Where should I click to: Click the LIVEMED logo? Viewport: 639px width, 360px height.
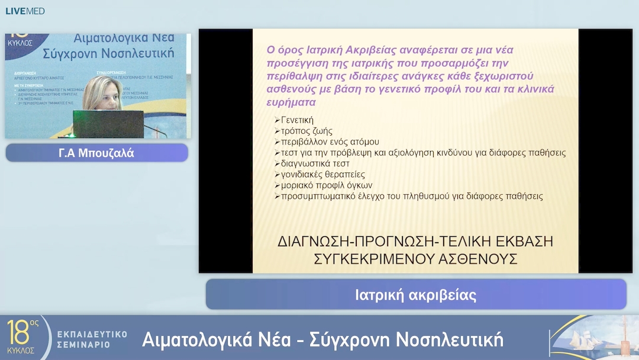[x=25, y=11]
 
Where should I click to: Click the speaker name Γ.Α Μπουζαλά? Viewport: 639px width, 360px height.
[x=96, y=153]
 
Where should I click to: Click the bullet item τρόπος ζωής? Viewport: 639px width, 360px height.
[x=306, y=131]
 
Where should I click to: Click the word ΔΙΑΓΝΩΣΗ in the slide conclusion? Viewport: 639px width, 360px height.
[x=317, y=242]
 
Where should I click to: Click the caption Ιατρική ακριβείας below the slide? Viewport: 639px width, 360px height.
[x=415, y=294]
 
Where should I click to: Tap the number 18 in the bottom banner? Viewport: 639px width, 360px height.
[x=18, y=332]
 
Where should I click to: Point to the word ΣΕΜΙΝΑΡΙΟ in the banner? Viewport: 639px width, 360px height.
[x=83, y=344]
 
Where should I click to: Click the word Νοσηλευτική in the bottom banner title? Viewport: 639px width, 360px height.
[x=449, y=339]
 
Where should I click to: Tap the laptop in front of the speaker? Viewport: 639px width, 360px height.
[x=108, y=123]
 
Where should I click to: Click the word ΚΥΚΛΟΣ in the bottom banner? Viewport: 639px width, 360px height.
[x=21, y=350]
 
